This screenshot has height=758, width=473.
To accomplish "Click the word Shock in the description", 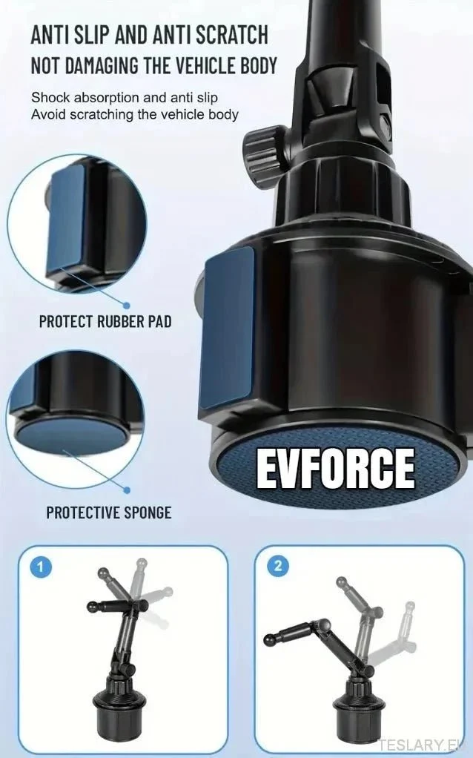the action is point(50,97).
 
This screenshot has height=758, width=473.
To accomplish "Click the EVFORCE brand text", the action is point(335,468).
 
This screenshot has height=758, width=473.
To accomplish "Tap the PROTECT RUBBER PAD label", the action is point(105,321).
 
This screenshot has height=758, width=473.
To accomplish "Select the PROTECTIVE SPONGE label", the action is point(109,513).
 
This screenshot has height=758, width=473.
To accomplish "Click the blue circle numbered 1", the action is point(41,567).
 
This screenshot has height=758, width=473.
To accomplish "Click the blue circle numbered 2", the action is point(278,566).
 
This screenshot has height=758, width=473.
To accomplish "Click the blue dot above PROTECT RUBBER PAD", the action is point(127,306).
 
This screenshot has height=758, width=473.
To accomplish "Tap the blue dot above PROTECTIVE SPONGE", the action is point(127,490).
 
